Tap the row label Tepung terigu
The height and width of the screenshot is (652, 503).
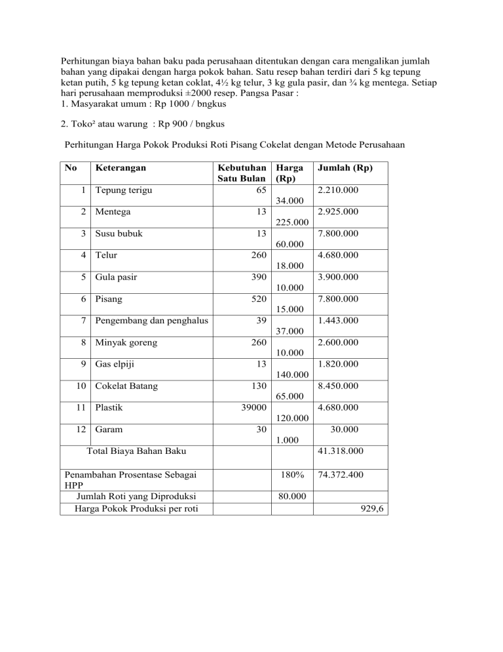[124, 190]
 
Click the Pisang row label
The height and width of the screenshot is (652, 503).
[109, 298]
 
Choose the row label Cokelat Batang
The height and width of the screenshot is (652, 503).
[126, 385]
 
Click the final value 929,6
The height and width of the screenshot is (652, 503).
[370, 507]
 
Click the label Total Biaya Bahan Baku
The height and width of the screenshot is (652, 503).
[137, 451]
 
